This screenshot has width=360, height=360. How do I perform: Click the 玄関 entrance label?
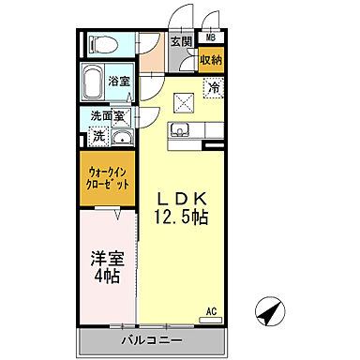(x=183, y=42)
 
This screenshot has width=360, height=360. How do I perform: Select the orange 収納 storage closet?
(x=210, y=60)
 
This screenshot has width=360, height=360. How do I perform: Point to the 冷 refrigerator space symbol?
(x=214, y=89)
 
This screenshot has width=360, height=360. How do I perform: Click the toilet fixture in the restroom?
(x=102, y=43)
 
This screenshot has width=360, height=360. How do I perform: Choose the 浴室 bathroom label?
(x=118, y=82)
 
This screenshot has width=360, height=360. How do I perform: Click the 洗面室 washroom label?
(x=106, y=117)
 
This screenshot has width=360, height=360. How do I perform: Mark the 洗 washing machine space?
(x=97, y=137)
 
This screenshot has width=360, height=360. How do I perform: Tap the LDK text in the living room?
(x=180, y=200)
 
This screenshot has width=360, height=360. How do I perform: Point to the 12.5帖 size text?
(x=181, y=217)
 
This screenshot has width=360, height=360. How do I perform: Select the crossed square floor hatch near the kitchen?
(x=182, y=104)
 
